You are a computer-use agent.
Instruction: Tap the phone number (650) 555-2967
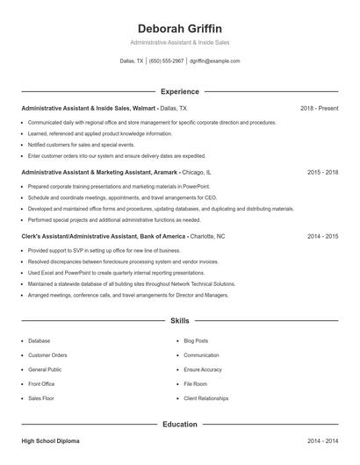point(167,61)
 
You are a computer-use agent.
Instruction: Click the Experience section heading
point(180,91)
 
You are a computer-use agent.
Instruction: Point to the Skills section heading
point(180,321)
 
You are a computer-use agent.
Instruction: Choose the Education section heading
point(180,425)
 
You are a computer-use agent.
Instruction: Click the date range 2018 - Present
point(319,108)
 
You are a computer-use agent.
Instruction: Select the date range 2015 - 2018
point(322,173)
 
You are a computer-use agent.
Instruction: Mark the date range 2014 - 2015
point(322,237)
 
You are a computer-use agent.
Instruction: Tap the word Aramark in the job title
point(164,173)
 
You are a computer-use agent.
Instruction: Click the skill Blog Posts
point(196,340)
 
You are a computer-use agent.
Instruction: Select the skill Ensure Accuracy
point(202,369)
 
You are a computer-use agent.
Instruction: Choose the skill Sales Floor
point(41,398)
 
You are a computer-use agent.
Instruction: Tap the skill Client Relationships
point(207,398)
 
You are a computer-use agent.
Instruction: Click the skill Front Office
point(41,383)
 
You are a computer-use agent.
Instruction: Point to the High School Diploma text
point(52,440)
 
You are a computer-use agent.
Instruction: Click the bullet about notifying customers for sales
point(82,144)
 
